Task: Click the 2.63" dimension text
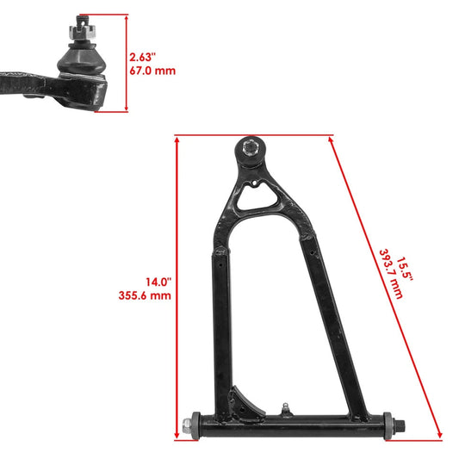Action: tap(143, 57)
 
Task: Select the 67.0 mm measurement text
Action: tap(152, 71)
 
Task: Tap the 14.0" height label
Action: tap(158, 281)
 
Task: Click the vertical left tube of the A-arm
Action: tap(220, 327)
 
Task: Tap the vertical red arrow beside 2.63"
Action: tap(126, 63)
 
